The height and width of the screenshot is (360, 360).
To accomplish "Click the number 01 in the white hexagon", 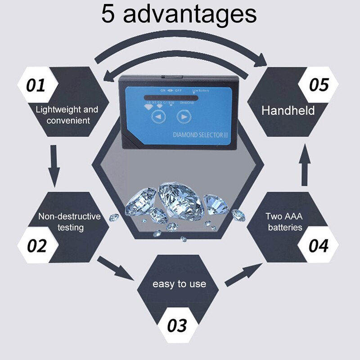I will click(x=36, y=85).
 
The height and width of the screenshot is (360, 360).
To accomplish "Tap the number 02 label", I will click(x=36, y=246).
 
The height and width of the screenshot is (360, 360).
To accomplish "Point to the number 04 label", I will click(x=318, y=246).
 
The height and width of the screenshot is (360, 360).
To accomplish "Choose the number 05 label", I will click(x=319, y=85).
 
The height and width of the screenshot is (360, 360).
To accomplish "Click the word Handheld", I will click(x=288, y=110).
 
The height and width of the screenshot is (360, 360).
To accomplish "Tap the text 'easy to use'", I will click(x=179, y=284).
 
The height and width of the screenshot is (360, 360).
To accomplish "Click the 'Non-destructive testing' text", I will click(x=69, y=221).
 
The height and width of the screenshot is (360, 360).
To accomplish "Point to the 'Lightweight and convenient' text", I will click(x=67, y=115).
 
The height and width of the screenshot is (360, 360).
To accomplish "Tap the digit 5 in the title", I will click(x=108, y=14).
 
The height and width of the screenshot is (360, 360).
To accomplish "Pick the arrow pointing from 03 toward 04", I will click(x=243, y=275).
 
